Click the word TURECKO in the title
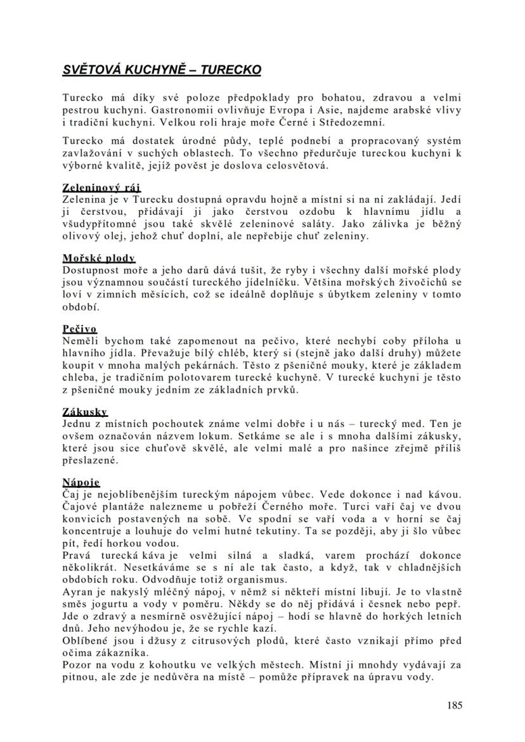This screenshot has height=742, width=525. pyautogui.click(x=230, y=70)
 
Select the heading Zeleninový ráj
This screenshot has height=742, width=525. pyautogui.click(x=101, y=188)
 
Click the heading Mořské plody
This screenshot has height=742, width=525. pyautogui.click(x=98, y=258)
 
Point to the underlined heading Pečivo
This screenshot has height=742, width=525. pyautogui.click(x=79, y=328)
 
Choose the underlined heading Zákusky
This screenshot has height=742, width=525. pyautogui.click(x=85, y=411)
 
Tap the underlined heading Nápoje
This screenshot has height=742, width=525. pyautogui.click(x=81, y=482)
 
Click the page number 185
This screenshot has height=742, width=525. pyautogui.click(x=454, y=705)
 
